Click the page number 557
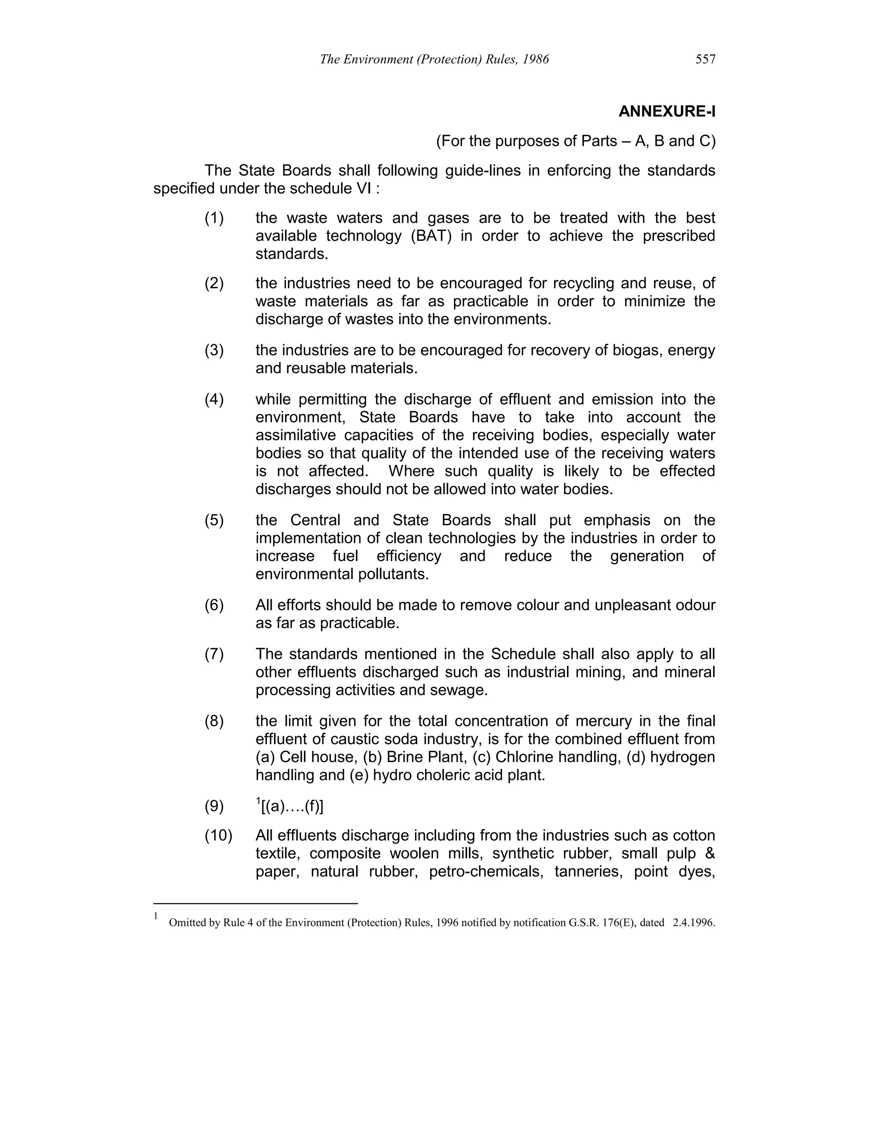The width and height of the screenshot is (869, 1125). (705, 59)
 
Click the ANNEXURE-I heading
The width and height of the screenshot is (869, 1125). (666, 111)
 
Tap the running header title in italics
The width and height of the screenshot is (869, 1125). (434, 59)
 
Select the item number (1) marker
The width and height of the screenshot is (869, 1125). (214, 218)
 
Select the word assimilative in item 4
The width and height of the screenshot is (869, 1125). (294, 435)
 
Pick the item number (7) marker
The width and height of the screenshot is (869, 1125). (214, 654)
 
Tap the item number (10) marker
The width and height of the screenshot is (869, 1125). (218, 835)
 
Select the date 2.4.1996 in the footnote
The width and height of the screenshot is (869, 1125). (693, 922)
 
